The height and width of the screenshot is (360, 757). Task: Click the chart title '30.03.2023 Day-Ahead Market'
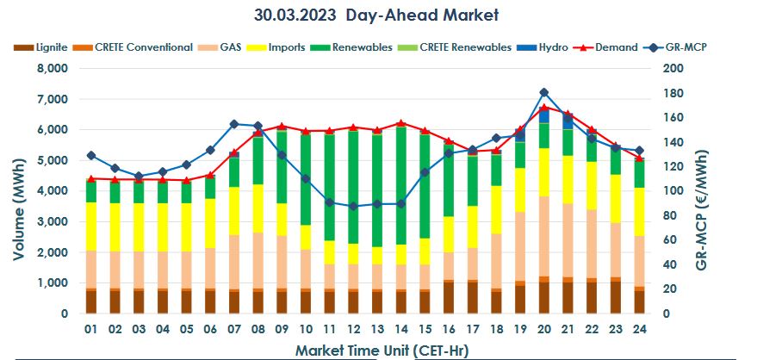376,16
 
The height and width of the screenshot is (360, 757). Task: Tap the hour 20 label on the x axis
543,329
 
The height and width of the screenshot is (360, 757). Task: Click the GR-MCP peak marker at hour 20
543,92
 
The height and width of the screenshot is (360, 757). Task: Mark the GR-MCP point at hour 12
353,207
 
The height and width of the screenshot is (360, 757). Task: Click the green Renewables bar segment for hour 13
376,189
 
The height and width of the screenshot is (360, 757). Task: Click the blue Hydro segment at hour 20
543,115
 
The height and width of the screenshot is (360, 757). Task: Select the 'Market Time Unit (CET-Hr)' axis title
376,350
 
